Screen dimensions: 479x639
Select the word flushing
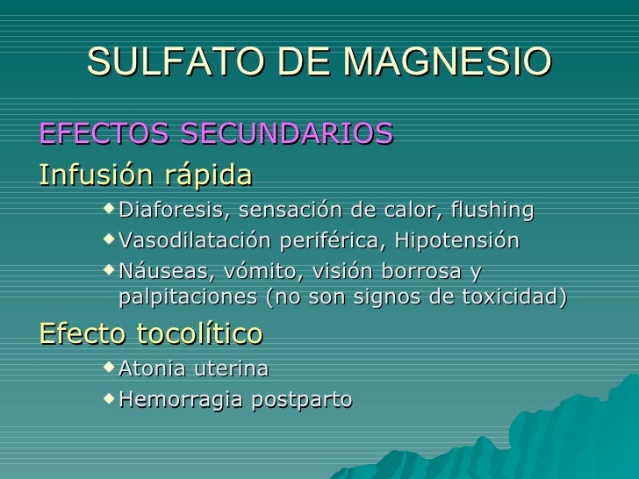(491, 211)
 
